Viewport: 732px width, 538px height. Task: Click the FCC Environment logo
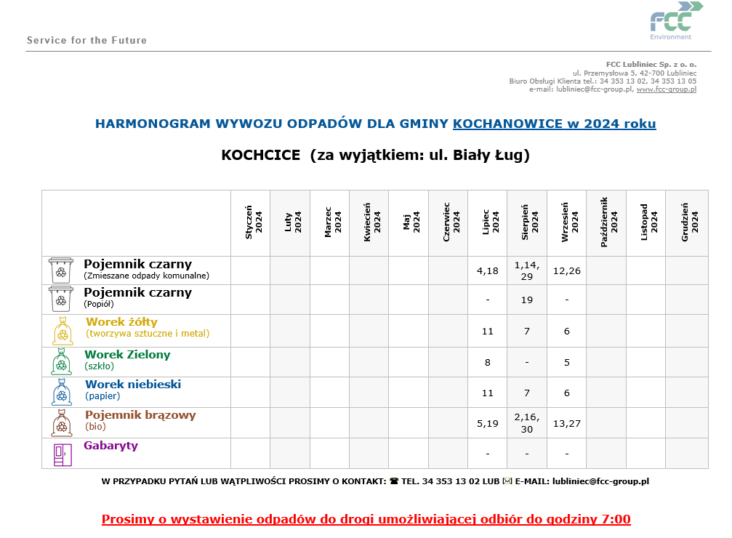(676, 20)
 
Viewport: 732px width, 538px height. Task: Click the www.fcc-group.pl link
(666, 89)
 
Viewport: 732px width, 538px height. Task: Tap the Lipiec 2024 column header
(487, 223)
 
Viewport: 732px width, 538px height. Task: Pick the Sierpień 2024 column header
(527, 223)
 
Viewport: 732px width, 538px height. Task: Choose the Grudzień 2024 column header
(686, 223)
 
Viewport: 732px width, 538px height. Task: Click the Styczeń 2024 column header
(251, 223)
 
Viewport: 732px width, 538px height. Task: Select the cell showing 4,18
(487, 270)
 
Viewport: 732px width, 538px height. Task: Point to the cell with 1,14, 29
(527, 270)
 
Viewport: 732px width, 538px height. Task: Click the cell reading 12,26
(566, 270)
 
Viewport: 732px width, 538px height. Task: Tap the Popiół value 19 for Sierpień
(527, 300)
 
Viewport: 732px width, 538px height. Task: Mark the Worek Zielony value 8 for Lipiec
(487, 362)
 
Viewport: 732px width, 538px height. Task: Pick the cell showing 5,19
(487, 422)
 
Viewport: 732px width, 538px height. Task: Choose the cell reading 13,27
(566, 422)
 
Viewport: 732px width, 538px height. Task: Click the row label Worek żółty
(121, 321)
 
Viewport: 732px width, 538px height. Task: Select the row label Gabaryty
(110, 446)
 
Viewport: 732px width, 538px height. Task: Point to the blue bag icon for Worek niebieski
(62, 392)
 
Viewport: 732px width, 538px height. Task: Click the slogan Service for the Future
(87, 40)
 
